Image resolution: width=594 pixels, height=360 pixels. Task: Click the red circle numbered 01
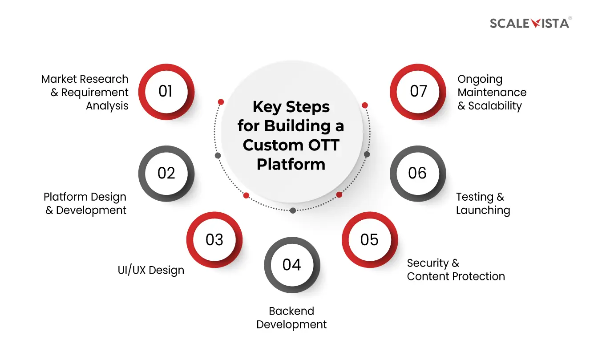[x=166, y=92]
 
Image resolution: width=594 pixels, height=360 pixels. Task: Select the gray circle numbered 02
[x=166, y=174]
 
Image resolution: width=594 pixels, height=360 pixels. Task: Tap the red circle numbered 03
[x=214, y=240]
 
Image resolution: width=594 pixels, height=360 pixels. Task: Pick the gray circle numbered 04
[x=292, y=265]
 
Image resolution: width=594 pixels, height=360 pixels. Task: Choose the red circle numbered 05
[x=369, y=240]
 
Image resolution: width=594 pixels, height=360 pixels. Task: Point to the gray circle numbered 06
[x=417, y=174]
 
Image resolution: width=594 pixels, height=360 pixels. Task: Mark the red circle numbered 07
[x=418, y=92]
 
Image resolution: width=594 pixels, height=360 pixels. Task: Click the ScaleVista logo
[x=530, y=23]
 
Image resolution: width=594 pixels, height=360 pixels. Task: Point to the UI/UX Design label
[x=151, y=270]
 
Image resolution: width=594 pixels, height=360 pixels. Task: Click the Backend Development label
[x=292, y=318]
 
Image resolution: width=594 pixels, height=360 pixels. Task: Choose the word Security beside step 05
[x=427, y=263]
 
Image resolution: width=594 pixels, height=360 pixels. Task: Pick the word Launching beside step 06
[x=483, y=210]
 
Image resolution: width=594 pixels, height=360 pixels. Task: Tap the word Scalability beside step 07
[x=495, y=106]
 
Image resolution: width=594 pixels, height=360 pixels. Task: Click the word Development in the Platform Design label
[x=91, y=210]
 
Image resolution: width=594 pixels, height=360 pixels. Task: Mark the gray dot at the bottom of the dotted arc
[x=292, y=210]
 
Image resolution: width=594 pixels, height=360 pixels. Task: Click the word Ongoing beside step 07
[x=480, y=80]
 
